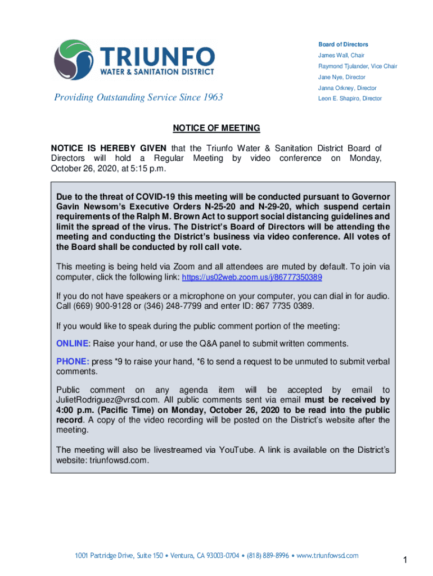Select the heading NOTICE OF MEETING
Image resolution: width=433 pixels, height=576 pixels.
(x=216, y=128)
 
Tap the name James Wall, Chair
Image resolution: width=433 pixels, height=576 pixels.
(x=341, y=55)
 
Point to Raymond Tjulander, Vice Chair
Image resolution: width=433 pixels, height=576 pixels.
(x=358, y=66)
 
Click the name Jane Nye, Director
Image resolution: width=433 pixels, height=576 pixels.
(x=342, y=77)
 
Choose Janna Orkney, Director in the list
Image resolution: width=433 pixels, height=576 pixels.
(x=348, y=88)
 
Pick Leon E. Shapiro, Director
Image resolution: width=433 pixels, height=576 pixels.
(x=350, y=98)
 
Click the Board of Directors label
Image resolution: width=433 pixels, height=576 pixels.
(x=343, y=44)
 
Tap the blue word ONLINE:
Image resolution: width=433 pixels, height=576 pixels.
(x=73, y=344)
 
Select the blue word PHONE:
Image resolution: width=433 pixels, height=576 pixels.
(x=71, y=362)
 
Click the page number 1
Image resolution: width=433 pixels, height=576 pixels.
(x=404, y=560)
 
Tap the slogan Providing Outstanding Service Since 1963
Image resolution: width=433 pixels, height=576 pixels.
(x=138, y=97)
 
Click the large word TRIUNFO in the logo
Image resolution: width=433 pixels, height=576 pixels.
(x=157, y=57)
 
